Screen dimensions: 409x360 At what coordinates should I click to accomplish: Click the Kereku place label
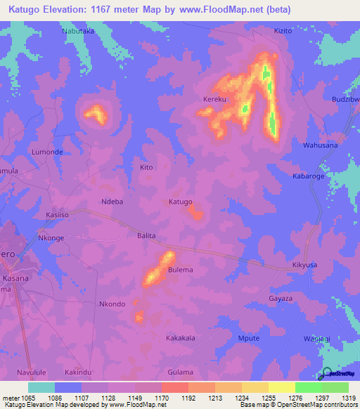[215, 100]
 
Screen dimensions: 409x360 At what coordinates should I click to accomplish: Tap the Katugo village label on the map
[180, 202]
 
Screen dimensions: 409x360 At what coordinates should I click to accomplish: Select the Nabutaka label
[77, 32]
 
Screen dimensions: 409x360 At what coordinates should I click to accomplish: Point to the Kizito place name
[283, 32]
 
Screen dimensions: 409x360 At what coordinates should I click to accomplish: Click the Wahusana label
[320, 145]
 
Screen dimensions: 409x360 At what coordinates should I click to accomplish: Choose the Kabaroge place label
[309, 176]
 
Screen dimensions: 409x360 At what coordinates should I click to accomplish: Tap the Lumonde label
[48, 152]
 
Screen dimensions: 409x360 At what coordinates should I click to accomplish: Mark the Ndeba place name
[112, 202]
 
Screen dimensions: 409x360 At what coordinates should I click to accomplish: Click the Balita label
[146, 236]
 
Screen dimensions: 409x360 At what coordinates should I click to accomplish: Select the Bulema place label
[181, 270]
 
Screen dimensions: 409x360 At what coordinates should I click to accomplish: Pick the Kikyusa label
[305, 266]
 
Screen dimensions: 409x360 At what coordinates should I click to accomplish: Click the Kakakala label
[180, 338]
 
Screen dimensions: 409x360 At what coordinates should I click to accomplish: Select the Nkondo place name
[112, 304]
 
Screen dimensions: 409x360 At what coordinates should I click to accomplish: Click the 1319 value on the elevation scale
[347, 398]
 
